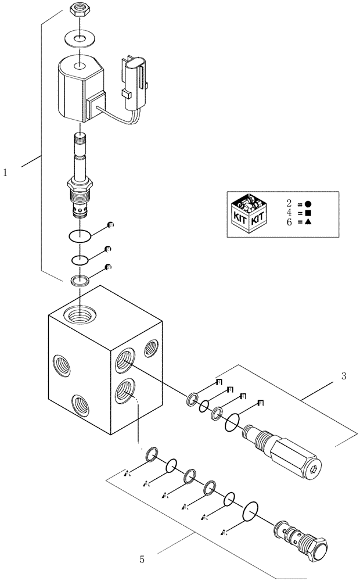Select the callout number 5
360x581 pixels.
[142, 560]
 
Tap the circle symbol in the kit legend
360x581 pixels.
[308, 204]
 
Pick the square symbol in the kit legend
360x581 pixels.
[308, 214]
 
